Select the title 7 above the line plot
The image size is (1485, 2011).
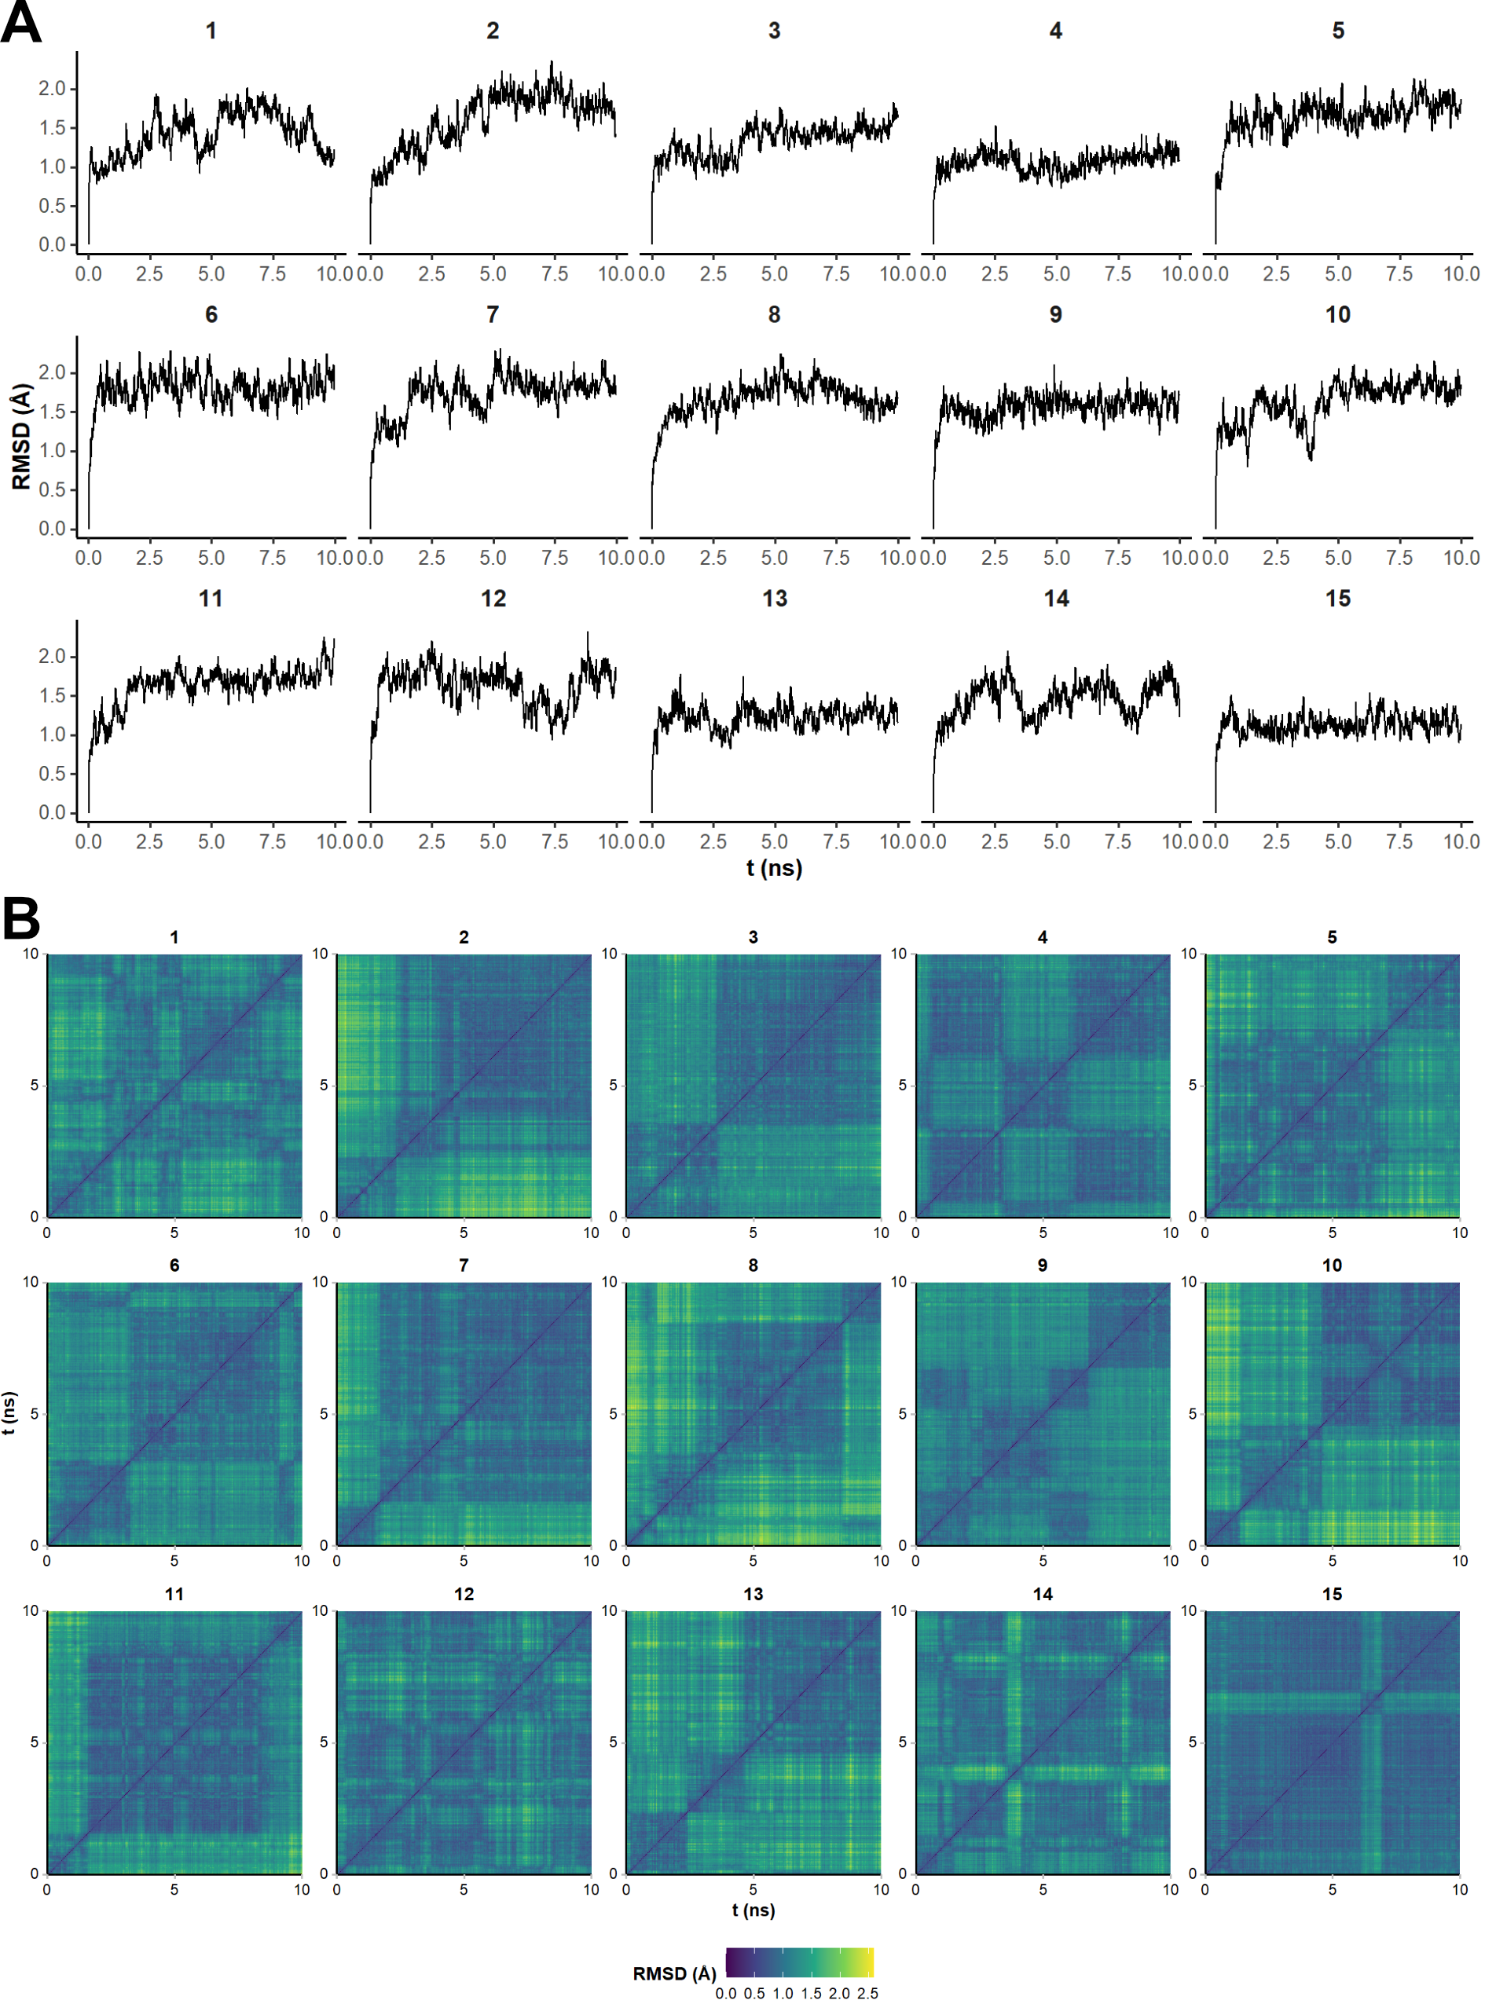[493, 314]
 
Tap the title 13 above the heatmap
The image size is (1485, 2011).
[753, 1594]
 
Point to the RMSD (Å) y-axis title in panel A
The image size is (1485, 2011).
[21, 438]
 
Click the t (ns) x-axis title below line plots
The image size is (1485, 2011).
[774, 868]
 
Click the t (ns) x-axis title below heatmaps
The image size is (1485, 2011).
[753, 1910]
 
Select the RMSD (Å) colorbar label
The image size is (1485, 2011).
[674, 1973]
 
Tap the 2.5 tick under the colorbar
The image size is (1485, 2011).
[867, 1993]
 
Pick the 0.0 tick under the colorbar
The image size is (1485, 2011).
[725, 1993]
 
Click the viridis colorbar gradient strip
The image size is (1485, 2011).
[799, 1962]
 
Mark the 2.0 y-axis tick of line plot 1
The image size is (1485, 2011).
[52, 89]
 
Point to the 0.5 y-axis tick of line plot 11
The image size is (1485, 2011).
[52, 774]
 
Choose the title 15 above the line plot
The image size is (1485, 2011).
[1337, 599]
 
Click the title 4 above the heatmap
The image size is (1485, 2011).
[1042, 937]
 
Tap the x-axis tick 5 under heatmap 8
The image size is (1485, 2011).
[753, 1561]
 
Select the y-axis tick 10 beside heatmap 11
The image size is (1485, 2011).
[31, 1611]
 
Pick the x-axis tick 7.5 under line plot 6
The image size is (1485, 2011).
[273, 558]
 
